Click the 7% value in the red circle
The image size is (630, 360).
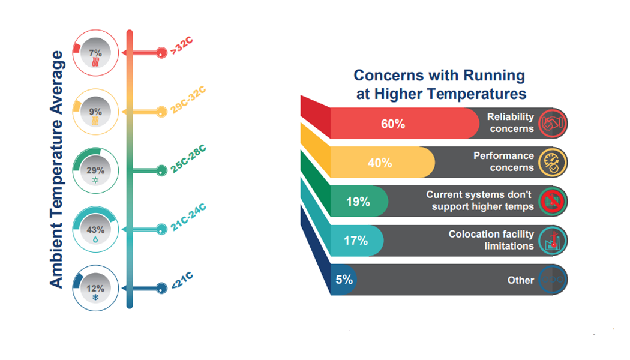pos(95,53)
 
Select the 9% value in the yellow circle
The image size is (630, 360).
pos(95,111)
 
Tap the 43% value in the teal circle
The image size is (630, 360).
pos(96,229)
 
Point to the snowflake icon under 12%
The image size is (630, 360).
pos(95,297)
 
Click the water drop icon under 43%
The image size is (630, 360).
pos(95,238)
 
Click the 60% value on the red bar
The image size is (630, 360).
pos(393,124)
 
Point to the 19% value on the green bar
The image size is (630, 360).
pos(358,202)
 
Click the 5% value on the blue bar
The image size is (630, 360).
pos(344,279)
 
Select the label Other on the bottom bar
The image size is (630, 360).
pos(520,280)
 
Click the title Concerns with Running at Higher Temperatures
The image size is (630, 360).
pos(439,85)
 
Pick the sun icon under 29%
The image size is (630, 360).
pos(95,180)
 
